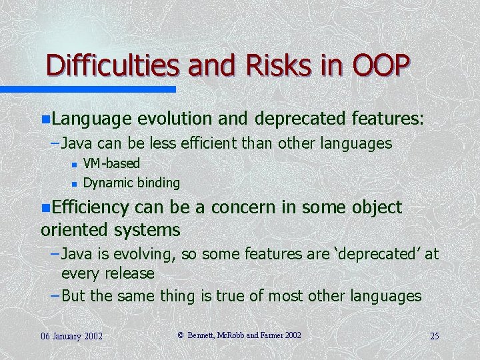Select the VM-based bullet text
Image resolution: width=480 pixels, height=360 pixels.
(111, 163)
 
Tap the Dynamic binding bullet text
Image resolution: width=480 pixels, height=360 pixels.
(131, 183)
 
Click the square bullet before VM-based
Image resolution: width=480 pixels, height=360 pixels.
(75, 164)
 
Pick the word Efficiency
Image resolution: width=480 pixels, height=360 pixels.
(91, 208)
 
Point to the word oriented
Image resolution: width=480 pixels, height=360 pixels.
(73, 231)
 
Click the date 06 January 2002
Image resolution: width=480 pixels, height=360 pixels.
(71, 336)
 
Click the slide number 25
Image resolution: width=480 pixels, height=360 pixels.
(434, 336)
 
